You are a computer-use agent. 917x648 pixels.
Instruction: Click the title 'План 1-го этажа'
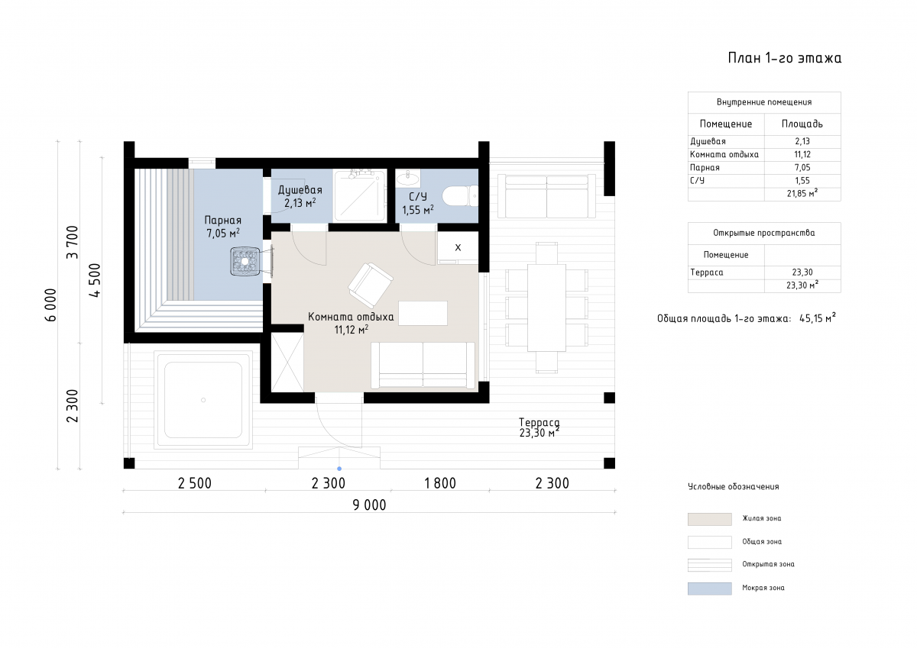point(784,58)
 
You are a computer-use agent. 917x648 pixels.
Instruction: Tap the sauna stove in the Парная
point(245,261)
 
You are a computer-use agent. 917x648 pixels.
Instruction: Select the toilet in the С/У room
point(460,197)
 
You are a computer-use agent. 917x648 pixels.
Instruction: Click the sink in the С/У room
point(407,178)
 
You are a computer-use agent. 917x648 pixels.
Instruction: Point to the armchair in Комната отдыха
point(371,285)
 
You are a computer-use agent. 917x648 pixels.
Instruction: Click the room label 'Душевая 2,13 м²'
point(300,196)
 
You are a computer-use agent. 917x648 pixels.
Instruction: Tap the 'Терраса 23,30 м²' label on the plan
point(540,427)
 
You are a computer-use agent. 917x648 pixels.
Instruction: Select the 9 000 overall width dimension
point(369,505)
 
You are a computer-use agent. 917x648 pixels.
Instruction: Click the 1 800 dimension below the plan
point(440,483)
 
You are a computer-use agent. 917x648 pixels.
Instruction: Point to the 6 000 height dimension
point(50,305)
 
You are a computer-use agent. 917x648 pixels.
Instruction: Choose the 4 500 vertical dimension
point(95,280)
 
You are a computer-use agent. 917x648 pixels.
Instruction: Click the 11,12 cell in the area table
point(802,154)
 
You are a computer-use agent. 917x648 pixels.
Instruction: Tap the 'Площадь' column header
point(802,124)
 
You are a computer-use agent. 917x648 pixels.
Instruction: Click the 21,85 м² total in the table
point(802,193)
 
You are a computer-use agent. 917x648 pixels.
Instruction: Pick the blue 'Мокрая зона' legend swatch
point(709,588)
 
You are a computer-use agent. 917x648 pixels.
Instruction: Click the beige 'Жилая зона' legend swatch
point(709,519)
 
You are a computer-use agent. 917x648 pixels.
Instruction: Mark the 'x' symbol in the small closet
point(458,247)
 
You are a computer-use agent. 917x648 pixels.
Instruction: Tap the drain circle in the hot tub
point(203,400)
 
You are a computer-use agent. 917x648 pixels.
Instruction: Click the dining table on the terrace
point(546,308)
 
